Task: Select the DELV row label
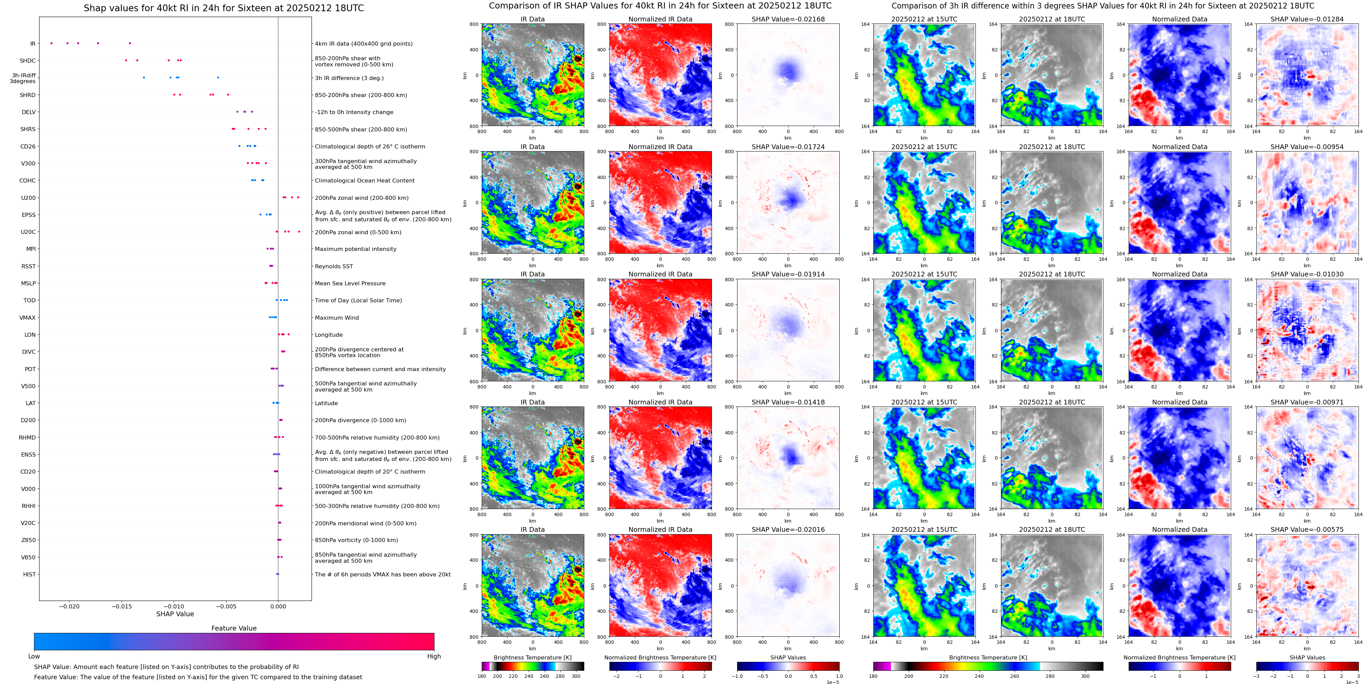[29, 112]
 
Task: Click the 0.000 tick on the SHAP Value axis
[278, 606]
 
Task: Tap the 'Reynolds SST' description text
[334, 266]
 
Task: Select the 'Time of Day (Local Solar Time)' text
[358, 300]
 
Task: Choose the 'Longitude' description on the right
[329, 335]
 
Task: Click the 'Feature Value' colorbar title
[234, 628]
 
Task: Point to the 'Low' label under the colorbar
[34, 656]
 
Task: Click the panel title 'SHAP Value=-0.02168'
[788, 19]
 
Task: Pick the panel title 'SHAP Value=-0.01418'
[788, 402]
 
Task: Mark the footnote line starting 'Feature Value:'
[198, 677]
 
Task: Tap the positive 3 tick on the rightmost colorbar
[1358, 677]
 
